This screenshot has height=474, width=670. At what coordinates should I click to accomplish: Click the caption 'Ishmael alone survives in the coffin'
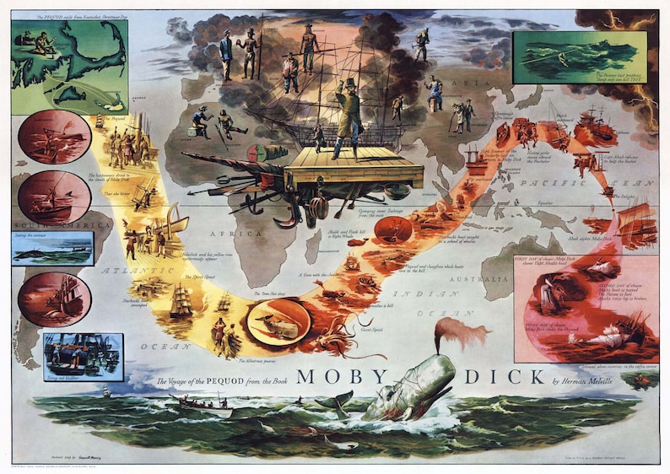click(619, 368)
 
